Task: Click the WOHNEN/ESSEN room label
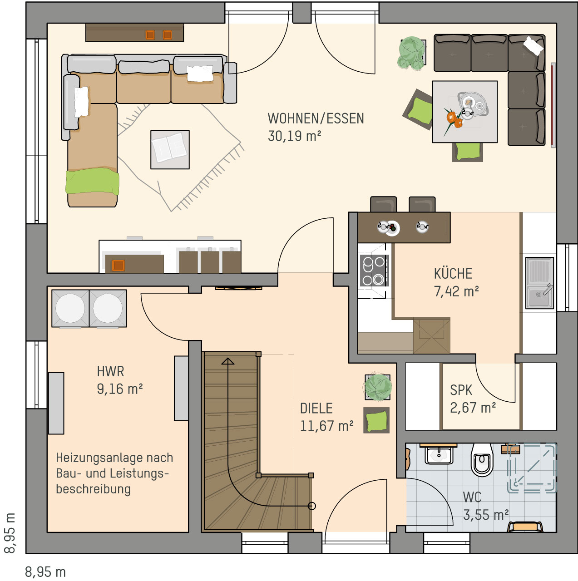pyautogui.click(x=316, y=118)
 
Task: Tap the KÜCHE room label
pyautogui.click(x=453, y=273)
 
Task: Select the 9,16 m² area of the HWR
pyautogui.click(x=119, y=389)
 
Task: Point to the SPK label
pyautogui.click(x=461, y=390)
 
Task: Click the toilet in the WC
pyautogui.click(x=482, y=460)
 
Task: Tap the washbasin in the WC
pyautogui.click(x=439, y=455)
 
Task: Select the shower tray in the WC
pyautogui.click(x=531, y=468)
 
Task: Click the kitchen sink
pyautogui.click(x=539, y=283)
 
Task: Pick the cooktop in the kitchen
pyautogui.click(x=374, y=271)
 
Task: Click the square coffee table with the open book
pyautogui.click(x=170, y=149)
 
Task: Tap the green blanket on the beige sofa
pyautogui.click(x=92, y=181)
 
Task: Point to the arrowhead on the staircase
pyautogui.click(x=228, y=361)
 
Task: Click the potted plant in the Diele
pyautogui.click(x=378, y=387)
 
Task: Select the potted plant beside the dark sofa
pyautogui.click(x=412, y=54)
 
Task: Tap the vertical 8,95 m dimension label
pyautogui.click(x=10, y=533)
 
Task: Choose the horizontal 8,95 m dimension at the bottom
pyautogui.click(x=45, y=571)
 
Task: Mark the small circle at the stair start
pyautogui.click(x=312, y=506)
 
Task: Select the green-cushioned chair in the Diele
pyautogui.click(x=376, y=420)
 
